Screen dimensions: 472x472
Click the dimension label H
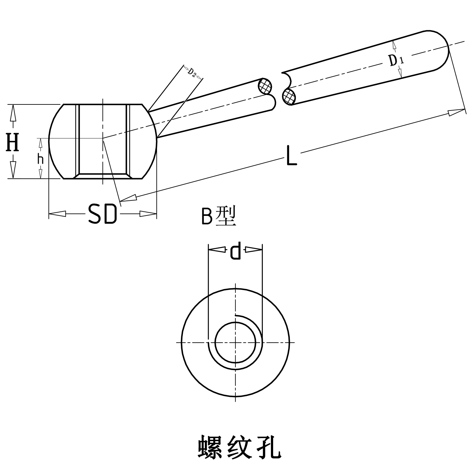tap(13, 142)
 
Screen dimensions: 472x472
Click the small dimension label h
tap(40, 160)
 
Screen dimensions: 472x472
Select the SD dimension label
tap(103, 214)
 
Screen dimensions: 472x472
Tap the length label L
tap(291, 155)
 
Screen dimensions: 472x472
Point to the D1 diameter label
tap(396, 60)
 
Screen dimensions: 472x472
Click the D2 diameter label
tap(192, 72)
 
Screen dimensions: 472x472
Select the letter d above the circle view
tap(235, 250)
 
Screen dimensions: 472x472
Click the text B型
tap(218, 216)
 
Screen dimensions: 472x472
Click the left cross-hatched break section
tap(265, 86)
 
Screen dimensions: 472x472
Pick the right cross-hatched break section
tap(289, 96)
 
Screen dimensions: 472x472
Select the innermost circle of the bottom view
tap(235, 342)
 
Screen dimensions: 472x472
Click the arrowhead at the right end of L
tap(457, 111)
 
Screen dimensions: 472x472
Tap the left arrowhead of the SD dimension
tap(58, 214)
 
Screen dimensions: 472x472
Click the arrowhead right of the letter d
tap(253, 250)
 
